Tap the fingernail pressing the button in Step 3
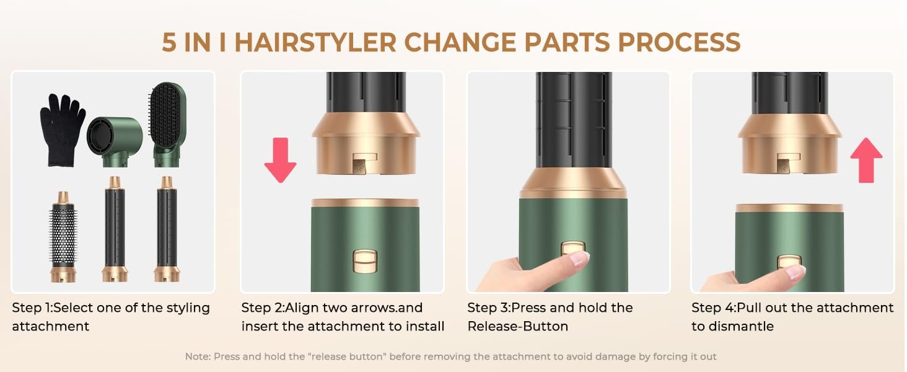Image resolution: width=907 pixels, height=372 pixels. point(579,258)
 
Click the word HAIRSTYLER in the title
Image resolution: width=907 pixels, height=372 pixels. point(315,42)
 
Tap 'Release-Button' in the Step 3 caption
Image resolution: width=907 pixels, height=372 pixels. point(517,326)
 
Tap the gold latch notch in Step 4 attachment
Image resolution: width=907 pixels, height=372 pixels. point(784,163)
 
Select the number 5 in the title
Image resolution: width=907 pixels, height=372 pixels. point(169,42)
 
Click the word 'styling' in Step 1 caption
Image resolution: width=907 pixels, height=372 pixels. point(184,308)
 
